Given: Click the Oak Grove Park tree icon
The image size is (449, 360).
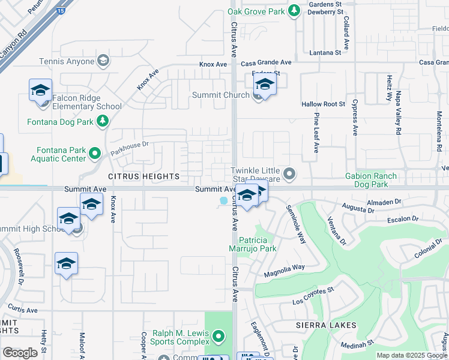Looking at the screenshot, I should coord(294,11).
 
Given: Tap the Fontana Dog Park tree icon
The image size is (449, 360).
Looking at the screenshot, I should coord(103,122).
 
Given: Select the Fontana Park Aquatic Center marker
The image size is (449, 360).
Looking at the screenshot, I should coord(94,154).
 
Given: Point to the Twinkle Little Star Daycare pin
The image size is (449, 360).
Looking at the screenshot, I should coord(289,175).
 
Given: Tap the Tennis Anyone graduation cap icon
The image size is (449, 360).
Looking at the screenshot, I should coord(103,61).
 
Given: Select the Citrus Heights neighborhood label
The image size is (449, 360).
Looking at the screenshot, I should coord(143,176).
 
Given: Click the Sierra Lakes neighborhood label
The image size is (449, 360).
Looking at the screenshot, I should coord(326,325).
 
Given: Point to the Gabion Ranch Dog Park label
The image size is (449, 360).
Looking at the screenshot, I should coord(370,180).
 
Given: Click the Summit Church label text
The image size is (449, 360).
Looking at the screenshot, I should coord(220,95).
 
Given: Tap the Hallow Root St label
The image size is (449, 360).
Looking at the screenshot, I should coord(323,104).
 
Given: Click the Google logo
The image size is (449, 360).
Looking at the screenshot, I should coord(20,353).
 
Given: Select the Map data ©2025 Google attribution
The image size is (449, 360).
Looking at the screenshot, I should coord(412,355).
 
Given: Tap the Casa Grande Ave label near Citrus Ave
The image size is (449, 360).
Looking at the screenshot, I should coord(266,62).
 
